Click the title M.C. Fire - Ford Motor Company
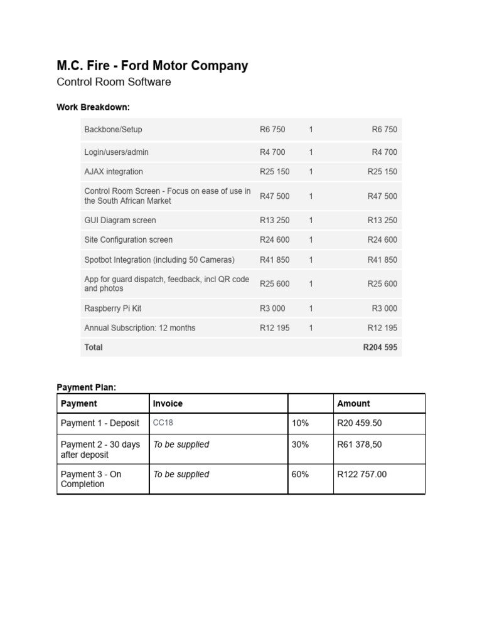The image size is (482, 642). pyautogui.click(x=152, y=66)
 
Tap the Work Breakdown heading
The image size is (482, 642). pyautogui.click(x=93, y=107)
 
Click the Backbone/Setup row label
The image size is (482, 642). pyautogui.click(x=113, y=130)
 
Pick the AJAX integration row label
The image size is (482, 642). pyautogui.click(x=114, y=172)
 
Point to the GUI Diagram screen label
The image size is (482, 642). pyautogui.click(x=120, y=221)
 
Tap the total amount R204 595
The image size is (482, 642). pyautogui.click(x=380, y=347)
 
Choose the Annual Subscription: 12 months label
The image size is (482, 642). pyautogui.click(x=139, y=328)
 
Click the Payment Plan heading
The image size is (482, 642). pyautogui.click(x=87, y=387)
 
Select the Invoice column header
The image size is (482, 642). pyautogui.click(x=168, y=404)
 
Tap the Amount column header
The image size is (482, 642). pyautogui.click(x=353, y=404)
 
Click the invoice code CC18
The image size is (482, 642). pyautogui.click(x=163, y=423)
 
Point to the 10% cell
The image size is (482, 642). pyautogui.click(x=301, y=423)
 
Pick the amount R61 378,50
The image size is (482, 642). pyautogui.click(x=360, y=445)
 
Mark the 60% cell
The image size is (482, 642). pyautogui.click(x=301, y=475)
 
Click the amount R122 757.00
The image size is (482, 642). pyautogui.click(x=362, y=475)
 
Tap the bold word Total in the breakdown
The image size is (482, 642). pyautogui.click(x=94, y=347)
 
